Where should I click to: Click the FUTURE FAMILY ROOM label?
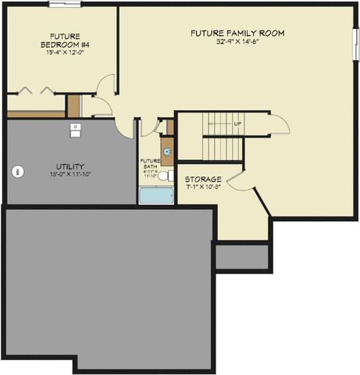237,33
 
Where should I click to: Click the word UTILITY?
70,166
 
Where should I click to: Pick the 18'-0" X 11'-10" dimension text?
70,175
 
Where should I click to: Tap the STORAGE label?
203,179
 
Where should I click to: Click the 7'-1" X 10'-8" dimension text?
203,187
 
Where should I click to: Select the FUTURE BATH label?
150,166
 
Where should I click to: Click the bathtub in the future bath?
156,195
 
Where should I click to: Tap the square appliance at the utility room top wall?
75,128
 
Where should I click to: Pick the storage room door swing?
237,182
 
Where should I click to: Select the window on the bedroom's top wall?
59,4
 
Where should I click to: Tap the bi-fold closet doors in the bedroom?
35,90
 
